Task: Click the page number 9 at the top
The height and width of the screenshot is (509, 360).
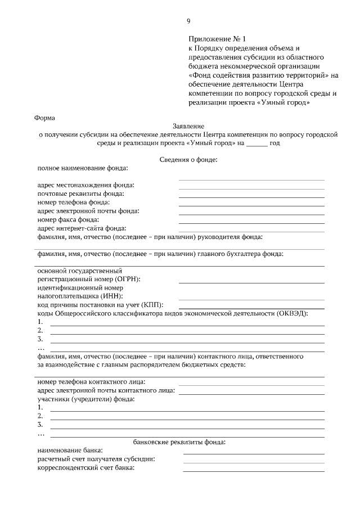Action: tap(188, 21)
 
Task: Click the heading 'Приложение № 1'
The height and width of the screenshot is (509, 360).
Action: tap(217, 39)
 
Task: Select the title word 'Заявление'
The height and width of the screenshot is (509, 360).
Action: tap(188, 127)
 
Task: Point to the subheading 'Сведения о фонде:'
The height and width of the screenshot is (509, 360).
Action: tap(188, 160)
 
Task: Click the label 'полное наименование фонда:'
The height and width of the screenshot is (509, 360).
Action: tap(83, 168)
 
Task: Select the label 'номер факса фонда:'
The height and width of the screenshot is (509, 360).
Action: tap(68, 219)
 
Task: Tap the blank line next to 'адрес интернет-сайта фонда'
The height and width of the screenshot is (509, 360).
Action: tap(251, 231)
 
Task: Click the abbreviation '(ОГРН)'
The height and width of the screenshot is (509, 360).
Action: tap(127, 279)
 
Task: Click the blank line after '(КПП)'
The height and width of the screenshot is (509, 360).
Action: tap(251, 307)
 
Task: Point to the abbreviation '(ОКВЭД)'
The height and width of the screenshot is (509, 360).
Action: tap(291, 313)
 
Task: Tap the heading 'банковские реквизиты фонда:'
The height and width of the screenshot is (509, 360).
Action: tap(179, 442)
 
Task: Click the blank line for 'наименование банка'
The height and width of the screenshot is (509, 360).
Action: tap(253, 453)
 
